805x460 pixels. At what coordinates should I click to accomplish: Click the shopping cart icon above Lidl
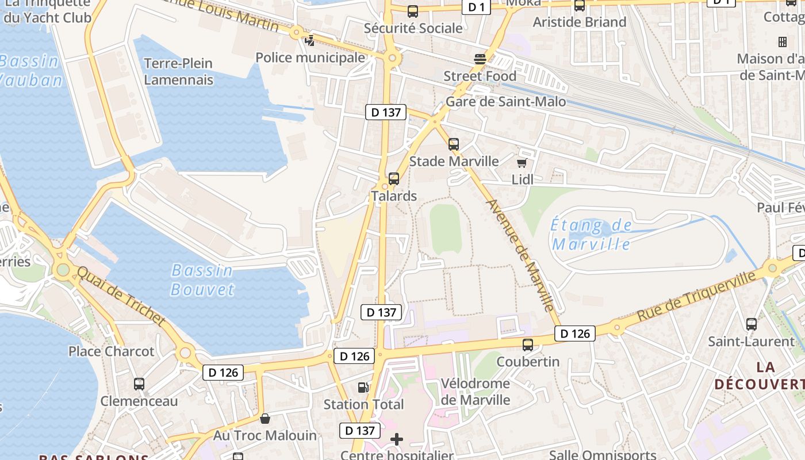point(522,164)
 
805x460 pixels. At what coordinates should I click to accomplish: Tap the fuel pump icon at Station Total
point(363,388)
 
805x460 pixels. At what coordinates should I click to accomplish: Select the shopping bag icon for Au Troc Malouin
point(265,419)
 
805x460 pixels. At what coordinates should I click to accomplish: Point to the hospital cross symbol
point(397,440)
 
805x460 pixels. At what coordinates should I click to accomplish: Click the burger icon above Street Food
point(480,59)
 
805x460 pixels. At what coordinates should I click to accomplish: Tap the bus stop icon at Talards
point(394,179)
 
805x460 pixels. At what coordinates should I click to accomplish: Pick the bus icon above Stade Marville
point(454,144)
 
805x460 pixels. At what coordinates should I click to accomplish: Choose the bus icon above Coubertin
point(528,345)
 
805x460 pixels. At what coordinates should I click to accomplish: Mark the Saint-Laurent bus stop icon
point(752,324)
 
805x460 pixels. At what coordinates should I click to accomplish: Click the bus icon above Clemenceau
point(139,384)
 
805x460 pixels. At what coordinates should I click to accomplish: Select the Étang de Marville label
point(591,235)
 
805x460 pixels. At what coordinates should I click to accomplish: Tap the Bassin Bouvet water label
point(202,279)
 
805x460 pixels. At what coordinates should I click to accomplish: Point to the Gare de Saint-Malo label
point(506,102)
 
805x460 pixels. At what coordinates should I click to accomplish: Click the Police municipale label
point(310,57)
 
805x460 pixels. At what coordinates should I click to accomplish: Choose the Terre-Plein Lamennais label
point(178,71)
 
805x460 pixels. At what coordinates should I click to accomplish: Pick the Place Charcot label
point(112,351)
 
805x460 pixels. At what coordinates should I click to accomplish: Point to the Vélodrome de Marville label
point(475,392)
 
